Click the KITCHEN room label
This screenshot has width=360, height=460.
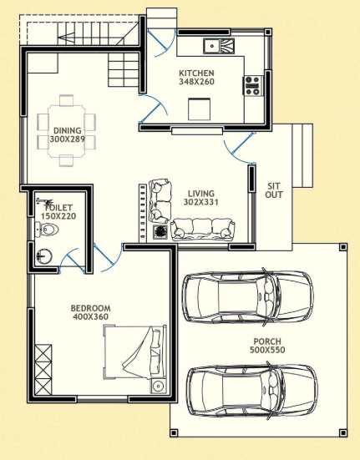coord(196,73)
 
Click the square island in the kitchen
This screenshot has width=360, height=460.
coord(198,109)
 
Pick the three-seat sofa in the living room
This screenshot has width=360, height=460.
coord(201,227)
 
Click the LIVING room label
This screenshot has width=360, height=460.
coord(200,192)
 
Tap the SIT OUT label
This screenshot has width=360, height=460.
coord(274,190)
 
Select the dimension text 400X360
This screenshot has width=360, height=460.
coord(90,318)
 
